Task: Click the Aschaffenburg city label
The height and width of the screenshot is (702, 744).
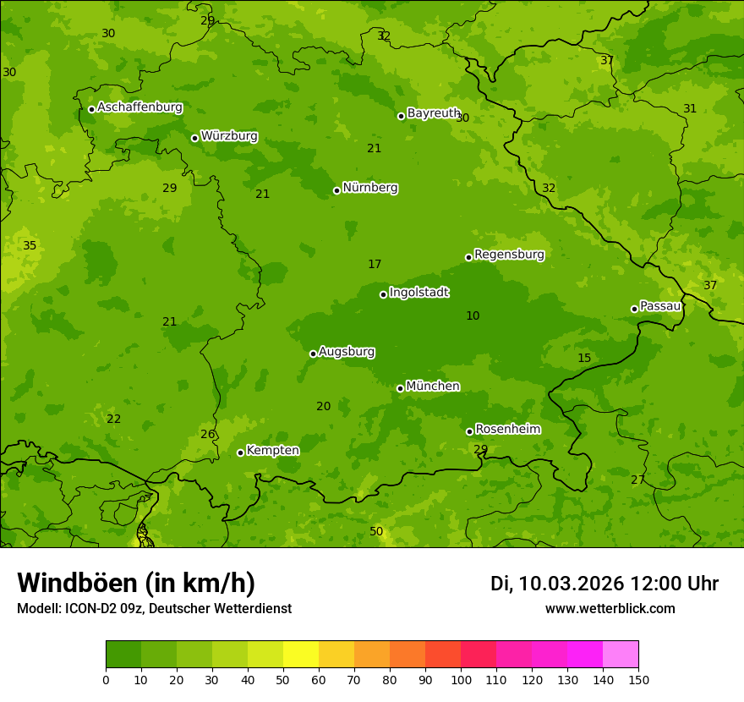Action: point(139,107)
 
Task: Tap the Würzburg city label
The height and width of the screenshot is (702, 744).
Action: point(229,136)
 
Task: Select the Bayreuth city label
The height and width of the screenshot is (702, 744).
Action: point(434,113)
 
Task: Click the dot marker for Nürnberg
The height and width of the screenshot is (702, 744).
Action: point(336,190)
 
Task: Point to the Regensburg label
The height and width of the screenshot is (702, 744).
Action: point(509,255)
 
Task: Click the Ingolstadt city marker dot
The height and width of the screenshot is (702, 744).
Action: point(383,294)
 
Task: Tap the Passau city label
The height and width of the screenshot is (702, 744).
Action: point(659,306)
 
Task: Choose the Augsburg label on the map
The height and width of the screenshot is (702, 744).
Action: point(347,352)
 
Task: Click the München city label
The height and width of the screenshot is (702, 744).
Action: point(433,387)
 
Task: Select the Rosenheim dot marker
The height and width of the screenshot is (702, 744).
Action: point(469,431)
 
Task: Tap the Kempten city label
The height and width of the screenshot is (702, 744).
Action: point(272,451)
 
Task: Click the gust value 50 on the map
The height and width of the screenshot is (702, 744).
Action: point(376,531)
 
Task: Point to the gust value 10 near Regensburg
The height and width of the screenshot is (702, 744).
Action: point(473,315)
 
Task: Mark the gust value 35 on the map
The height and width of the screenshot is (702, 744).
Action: point(30,246)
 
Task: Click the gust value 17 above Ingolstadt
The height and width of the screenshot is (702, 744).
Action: point(375,265)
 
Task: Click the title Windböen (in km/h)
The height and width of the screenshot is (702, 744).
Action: point(136,583)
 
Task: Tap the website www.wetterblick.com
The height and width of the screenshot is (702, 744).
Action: point(610,609)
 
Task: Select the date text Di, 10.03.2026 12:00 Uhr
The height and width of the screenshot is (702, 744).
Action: point(604,584)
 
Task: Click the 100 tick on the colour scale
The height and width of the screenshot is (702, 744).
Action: point(461,679)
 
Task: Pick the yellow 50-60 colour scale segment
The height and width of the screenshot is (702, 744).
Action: point(301,654)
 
